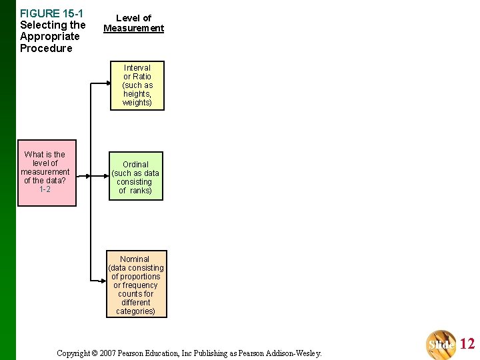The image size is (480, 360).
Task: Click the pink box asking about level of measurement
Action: tap(47, 173)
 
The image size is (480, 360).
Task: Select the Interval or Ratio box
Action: tap(137, 85)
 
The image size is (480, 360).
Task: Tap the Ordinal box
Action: tap(136, 176)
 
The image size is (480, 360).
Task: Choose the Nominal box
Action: tap(136, 284)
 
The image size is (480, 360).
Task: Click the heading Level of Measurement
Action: tap(133, 23)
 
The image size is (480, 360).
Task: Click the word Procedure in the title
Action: tap(46, 49)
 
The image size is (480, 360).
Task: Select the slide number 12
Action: tap(467, 344)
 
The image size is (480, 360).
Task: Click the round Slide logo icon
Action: tap(442, 344)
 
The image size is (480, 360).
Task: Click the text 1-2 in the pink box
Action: tap(45, 189)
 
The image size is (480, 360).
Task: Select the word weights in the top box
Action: tap(137, 103)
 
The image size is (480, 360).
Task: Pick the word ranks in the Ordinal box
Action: tap(140, 191)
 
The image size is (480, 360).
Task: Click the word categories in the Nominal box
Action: tap(135, 311)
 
